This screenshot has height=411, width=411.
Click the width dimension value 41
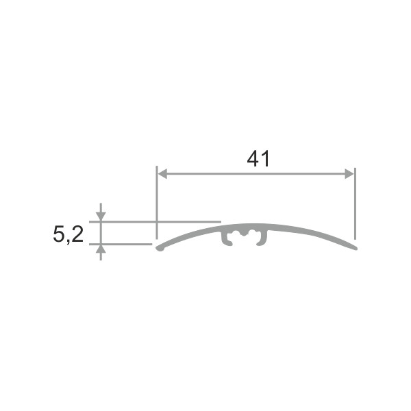pyautogui.click(x=258, y=159)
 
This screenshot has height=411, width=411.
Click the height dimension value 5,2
pyautogui.click(x=68, y=234)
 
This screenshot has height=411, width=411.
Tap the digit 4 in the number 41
pyautogui.click(x=253, y=159)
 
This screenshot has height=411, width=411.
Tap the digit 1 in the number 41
pyautogui.click(x=266, y=159)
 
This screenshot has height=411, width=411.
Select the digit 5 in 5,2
pyautogui.click(x=58, y=234)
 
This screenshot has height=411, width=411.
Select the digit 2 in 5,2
pyautogui.click(x=77, y=234)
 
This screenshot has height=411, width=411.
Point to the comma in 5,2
pyautogui.click(x=68, y=241)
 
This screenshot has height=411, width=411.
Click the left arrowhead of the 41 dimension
pyautogui.click(x=162, y=174)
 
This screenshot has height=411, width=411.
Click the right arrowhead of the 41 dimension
pyautogui.click(x=349, y=174)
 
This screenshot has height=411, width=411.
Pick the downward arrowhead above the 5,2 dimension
pyautogui.click(x=101, y=216)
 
